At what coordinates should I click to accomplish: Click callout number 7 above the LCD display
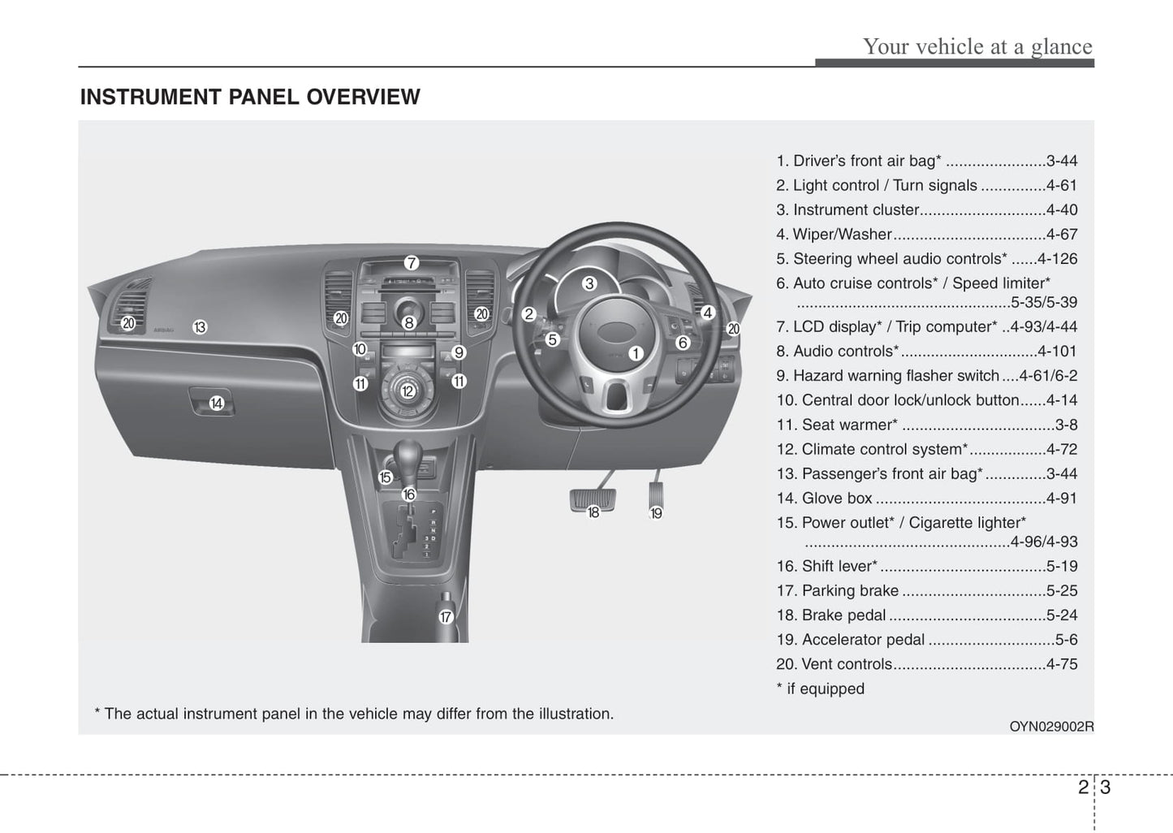[x=412, y=263]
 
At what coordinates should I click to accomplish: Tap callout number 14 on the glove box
[x=217, y=403]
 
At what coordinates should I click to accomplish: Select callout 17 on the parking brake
[x=446, y=617]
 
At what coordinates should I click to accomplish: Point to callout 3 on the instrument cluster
[x=589, y=283]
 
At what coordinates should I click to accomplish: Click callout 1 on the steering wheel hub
[x=636, y=353]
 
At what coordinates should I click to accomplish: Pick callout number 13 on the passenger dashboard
[x=200, y=327]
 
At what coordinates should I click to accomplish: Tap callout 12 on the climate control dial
[x=408, y=391]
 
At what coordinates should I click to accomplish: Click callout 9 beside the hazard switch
[x=459, y=352]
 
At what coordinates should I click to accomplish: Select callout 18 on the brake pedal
[x=593, y=512]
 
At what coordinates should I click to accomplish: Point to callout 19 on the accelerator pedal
[x=656, y=513]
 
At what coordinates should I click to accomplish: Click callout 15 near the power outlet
[x=386, y=477]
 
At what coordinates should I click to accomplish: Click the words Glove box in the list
[x=837, y=499]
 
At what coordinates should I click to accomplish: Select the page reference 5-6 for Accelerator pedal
[x=1066, y=640]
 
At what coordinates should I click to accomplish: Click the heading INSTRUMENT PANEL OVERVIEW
[x=250, y=97]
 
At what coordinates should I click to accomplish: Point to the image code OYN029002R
[x=1051, y=727]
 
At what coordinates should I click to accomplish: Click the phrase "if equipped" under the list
[x=826, y=688]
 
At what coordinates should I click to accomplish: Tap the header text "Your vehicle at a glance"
[x=977, y=46]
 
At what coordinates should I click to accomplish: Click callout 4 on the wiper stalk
[x=707, y=313]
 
